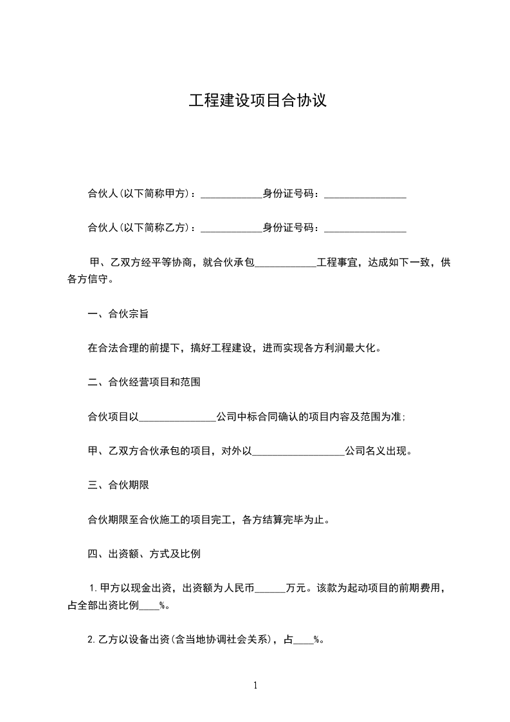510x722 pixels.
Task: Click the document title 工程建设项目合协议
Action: pyautogui.click(x=257, y=101)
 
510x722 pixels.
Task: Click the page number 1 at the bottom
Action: pyautogui.click(x=255, y=685)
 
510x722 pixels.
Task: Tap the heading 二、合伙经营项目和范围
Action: pyautogui.click(x=144, y=382)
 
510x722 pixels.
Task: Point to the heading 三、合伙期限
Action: pyautogui.click(x=118, y=485)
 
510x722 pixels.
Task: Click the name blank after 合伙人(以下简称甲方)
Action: pyautogui.click(x=232, y=194)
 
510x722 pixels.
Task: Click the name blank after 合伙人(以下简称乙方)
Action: pyautogui.click(x=232, y=228)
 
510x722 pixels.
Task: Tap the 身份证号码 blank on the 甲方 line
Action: pyautogui.click(x=365, y=194)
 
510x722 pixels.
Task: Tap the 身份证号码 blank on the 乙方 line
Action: pyautogui.click(x=365, y=228)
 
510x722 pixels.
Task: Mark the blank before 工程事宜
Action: pyautogui.click(x=286, y=263)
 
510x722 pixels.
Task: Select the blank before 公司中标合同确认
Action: pyautogui.click(x=178, y=417)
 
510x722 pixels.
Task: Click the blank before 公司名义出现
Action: pyautogui.click(x=298, y=452)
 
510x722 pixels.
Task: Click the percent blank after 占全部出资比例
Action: pyautogui.click(x=149, y=606)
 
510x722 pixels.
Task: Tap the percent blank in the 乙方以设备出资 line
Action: pyautogui.click(x=303, y=640)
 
